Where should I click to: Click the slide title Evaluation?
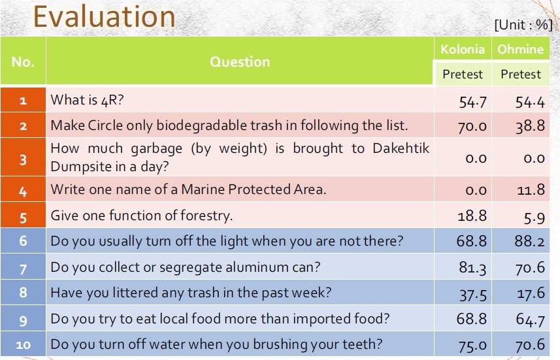point(104,17)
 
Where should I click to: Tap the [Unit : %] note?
point(523,25)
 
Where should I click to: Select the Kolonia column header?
point(463,49)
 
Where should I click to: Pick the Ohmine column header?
point(520,49)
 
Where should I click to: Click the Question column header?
point(240,62)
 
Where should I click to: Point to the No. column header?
point(23,62)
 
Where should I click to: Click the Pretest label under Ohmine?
point(521,74)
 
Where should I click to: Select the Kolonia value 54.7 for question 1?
point(472,103)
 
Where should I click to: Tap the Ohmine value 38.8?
point(530,126)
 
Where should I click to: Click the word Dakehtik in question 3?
point(401,148)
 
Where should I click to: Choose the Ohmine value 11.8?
point(531,189)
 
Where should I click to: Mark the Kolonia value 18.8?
point(472,216)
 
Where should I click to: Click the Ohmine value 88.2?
point(530,241)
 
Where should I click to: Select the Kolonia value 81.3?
point(472,268)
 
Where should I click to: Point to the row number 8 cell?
point(24,293)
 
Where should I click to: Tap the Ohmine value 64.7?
point(531,319)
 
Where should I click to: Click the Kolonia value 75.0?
point(472,345)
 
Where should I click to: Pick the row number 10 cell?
point(24,344)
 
